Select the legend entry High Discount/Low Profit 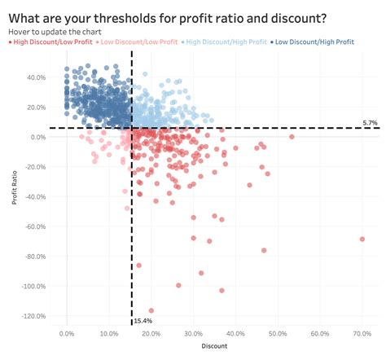point(51,41)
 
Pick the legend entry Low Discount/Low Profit point(139,41)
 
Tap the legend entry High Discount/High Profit point(227,41)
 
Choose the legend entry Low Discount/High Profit point(317,41)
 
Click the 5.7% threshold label point(370,122)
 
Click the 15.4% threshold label point(144,322)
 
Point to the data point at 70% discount point(362,239)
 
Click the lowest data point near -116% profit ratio point(151,311)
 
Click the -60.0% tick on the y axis point(36,226)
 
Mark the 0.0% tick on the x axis point(67,333)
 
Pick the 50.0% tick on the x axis point(277,333)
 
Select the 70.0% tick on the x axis point(362,333)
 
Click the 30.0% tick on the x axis point(193,333)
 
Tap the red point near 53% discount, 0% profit point(291,137)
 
